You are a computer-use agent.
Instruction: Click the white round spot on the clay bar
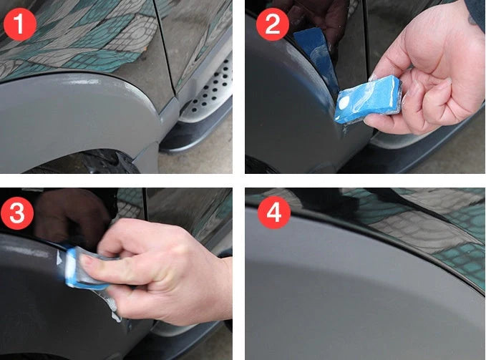(345, 105)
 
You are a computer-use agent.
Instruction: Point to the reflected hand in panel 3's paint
(68, 215)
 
